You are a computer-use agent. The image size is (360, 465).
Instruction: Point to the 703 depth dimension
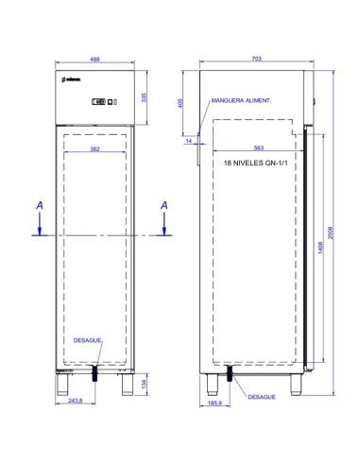(x=257, y=59)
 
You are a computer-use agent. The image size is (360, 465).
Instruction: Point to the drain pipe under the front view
(x=94, y=374)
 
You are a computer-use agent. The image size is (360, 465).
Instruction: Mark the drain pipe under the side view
(x=227, y=375)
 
